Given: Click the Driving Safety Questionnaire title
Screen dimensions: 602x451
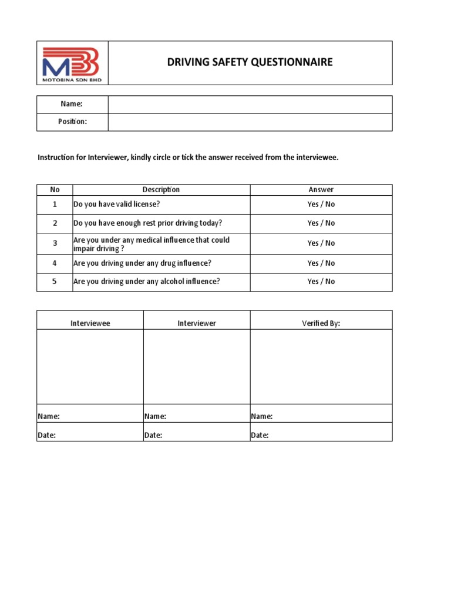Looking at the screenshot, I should coord(250,62).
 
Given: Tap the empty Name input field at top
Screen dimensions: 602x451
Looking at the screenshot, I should coord(250,104).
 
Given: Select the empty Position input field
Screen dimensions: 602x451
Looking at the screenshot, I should coord(250,122).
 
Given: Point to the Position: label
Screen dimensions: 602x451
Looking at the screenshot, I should coord(72,122).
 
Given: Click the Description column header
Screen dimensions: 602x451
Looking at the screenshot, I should coord(161,190).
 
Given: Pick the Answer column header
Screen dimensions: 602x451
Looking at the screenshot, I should coord(321,190).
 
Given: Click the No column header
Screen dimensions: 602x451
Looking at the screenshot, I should coord(55,190).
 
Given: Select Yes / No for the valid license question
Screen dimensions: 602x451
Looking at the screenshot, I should coord(321,205).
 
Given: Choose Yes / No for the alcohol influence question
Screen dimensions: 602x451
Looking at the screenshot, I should coord(321,282).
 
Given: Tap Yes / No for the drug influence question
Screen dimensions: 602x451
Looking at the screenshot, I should coord(321,263).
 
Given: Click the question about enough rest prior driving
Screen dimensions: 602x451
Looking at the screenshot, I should coord(147,223).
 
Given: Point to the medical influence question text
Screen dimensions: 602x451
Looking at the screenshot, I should coord(151,244).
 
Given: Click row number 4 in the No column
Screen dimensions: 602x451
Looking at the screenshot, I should coord(55,263).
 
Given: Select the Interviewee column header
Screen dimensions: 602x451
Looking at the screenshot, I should coord(90,323).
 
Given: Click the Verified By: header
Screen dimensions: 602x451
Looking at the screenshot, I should coord(321,323).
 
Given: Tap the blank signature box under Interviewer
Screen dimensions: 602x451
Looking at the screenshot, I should coord(197,366).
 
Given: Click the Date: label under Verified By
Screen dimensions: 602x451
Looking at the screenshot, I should coord(260,436).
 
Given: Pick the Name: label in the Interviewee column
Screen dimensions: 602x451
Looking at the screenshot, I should coord(49,416).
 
